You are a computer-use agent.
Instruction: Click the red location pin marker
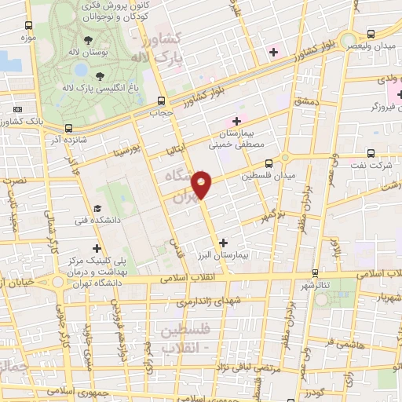pos(203,185)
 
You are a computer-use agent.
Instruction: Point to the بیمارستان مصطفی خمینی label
pos(236,139)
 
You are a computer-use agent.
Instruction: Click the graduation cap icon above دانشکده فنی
pos(97,208)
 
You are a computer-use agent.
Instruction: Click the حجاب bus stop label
pos(160,112)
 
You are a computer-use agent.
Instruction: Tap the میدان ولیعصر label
pos(373,47)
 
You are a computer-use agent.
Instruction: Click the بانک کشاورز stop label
pos(24,122)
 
